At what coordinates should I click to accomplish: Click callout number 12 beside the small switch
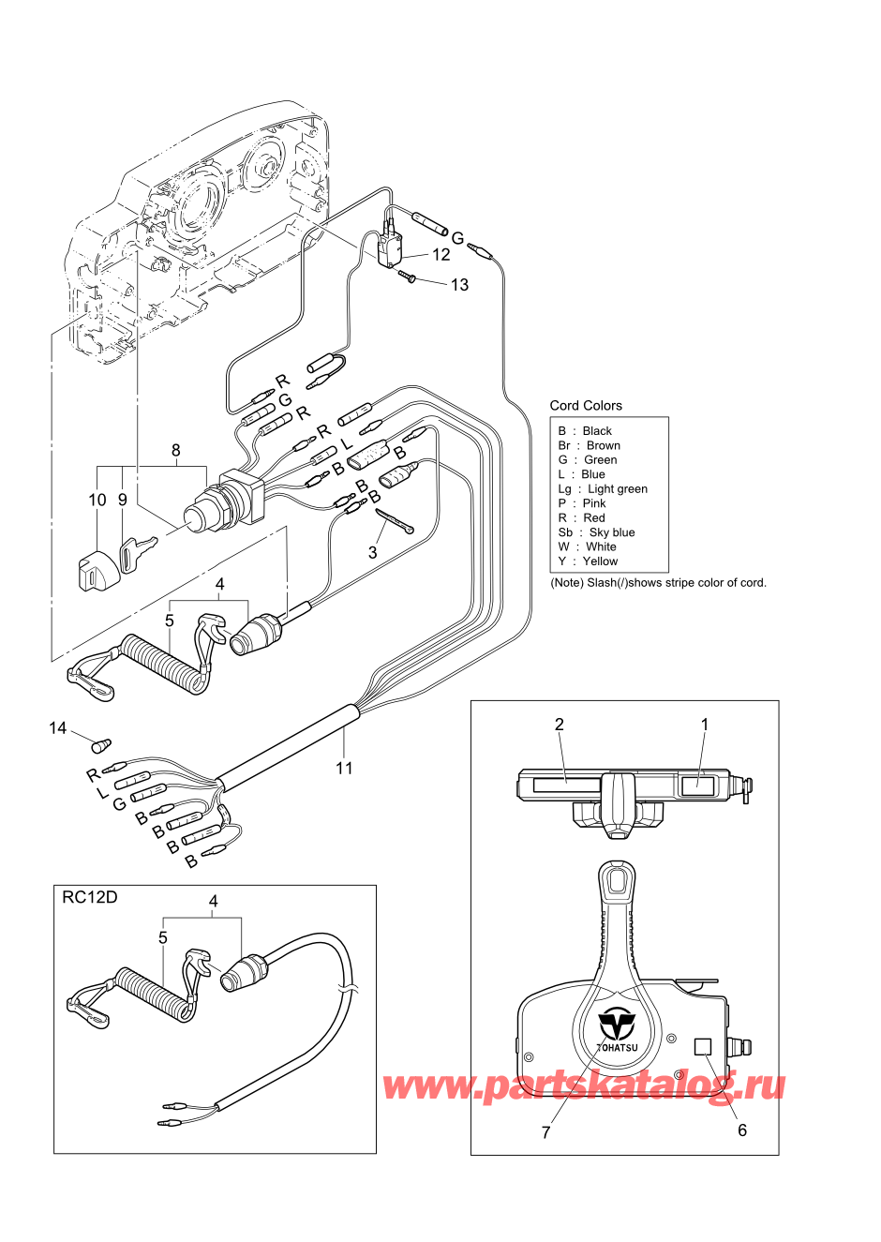tap(440, 255)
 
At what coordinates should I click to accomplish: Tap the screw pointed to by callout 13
tap(413, 277)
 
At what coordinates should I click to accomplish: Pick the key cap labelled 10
tap(97, 568)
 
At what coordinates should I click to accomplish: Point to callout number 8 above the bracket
tap(176, 450)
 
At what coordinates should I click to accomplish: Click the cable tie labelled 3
tap(395, 521)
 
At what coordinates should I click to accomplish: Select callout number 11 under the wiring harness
tap(344, 768)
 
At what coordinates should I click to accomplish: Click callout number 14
tap(58, 728)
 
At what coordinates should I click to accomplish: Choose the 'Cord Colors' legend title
tap(586, 405)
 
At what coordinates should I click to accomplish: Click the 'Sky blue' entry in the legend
tap(612, 532)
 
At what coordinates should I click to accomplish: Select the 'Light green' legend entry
tap(618, 489)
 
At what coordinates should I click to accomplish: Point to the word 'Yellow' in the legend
tap(601, 561)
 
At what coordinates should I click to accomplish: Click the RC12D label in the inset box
tap(90, 897)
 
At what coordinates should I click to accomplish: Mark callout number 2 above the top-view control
tap(560, 725)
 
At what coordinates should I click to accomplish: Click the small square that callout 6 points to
tap(703, 1046)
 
